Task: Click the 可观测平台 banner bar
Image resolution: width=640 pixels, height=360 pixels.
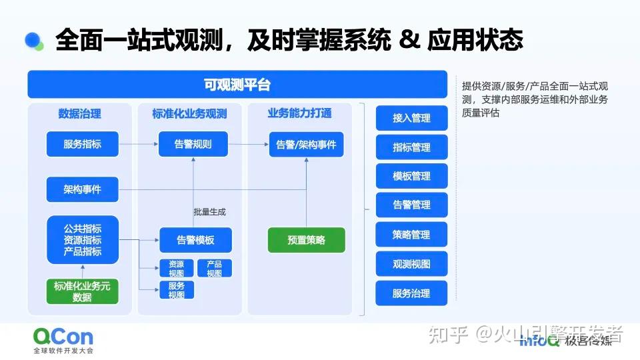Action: [237, 85]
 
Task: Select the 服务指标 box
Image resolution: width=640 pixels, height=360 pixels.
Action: [82, 143]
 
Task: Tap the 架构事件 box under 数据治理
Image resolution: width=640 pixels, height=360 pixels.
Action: [82, 189]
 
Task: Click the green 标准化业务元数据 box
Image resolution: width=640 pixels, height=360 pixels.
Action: [82, 291]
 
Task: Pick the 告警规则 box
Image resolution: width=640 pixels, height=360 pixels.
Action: [193, 143]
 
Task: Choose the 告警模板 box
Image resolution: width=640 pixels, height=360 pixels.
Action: [195, 240]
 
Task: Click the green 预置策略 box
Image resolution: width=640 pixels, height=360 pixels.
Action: [307, 240]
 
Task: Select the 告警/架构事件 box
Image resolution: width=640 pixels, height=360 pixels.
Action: [307, 144]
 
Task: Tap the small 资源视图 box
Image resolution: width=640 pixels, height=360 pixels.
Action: [176, 268]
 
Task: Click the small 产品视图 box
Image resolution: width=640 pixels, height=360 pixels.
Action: [214, 268]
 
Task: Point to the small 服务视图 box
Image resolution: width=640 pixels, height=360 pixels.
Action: [176, 290]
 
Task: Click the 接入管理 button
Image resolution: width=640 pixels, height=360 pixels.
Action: [411, 118]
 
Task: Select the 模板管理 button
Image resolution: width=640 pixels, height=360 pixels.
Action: [411, 177]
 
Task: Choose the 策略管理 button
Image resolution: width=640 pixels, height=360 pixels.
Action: [411, 235]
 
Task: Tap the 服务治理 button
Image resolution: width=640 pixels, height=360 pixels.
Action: [411, 293]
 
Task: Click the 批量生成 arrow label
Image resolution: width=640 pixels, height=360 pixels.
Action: [209, 212]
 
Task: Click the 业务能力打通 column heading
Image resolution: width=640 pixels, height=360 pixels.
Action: [299, 113]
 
